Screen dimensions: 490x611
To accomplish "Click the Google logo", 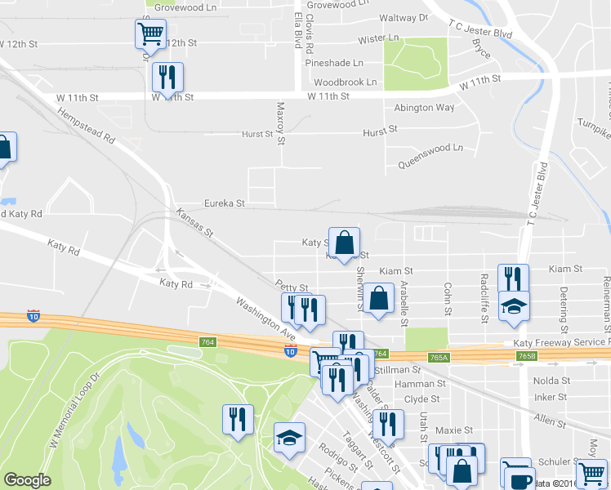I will coord(27,480).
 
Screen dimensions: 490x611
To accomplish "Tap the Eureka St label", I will coord(224,203).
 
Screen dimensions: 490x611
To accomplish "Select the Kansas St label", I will coord(194,223).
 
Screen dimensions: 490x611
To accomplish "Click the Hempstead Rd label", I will coord(86,123).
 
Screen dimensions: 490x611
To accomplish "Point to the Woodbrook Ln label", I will coord(345,82).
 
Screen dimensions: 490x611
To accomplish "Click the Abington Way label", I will coord(424,108).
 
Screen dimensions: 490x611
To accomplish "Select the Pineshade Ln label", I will coord(333,63).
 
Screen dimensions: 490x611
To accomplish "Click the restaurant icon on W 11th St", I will coord(167,77).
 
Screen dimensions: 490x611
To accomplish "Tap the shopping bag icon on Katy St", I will coord(344,242).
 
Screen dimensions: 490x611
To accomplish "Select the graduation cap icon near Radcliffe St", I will coord(514,306).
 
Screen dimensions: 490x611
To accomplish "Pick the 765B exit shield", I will coord(527,357).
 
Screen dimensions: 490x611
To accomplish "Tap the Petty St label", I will coord(292,288).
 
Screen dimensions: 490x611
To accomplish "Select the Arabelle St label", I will coord(404,303).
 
